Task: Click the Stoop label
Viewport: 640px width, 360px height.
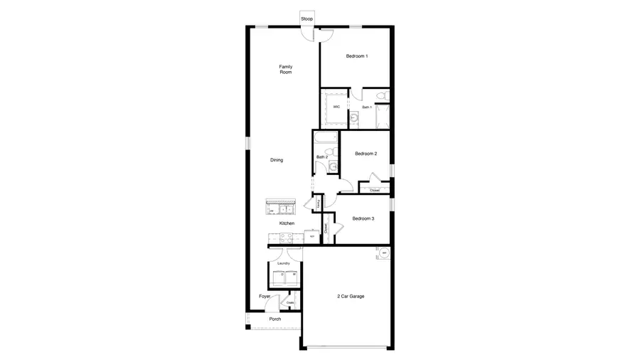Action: (x=307, y=18)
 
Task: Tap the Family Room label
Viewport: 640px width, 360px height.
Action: (x=286, y=69)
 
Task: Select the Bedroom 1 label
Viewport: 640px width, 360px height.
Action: (x=357, y=56)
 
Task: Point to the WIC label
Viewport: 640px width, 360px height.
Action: (x=336, y=107)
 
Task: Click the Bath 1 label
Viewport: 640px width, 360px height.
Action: (x=367, y=107)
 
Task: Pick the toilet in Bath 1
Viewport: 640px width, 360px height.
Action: (x=382, y=95)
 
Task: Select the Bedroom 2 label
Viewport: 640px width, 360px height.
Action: (x=366, y=154)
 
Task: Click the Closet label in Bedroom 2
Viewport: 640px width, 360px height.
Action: (x=375, y=190)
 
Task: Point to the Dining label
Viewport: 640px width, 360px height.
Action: (x=277, y=160)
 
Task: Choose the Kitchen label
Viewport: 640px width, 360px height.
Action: (x=287, y=223)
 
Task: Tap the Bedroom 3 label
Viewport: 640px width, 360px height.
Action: (x=363, y=218)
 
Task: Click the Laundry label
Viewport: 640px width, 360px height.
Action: (x=284, y=264)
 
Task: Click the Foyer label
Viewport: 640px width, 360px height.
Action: (x=265, y=296)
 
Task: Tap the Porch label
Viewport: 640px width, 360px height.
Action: (x=275, y=319)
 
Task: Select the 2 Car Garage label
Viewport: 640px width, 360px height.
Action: (x=351, y=296)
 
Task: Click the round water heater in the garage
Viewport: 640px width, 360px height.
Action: (x=383, y=253)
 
